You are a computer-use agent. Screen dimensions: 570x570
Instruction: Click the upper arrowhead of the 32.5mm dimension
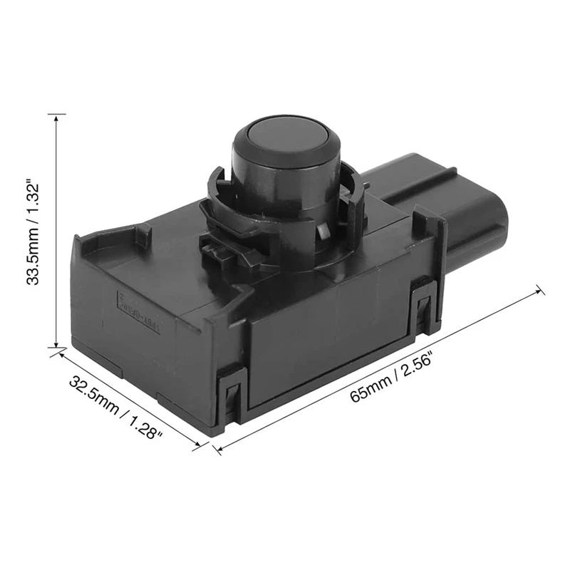point(57,353)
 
